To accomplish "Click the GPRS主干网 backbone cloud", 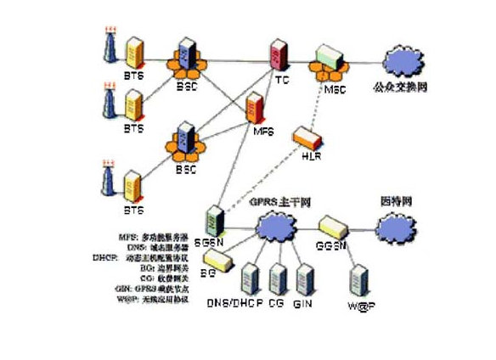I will coord(272,228).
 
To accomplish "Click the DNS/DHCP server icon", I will coord(249,279).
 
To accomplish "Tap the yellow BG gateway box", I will coord(216,261).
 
